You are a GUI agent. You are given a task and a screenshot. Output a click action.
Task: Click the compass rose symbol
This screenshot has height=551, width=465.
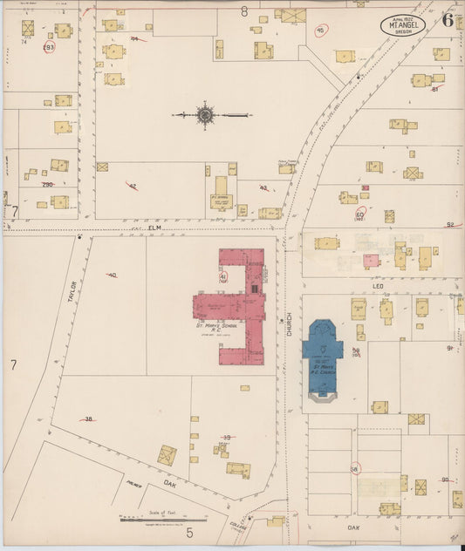[x=205, y=114]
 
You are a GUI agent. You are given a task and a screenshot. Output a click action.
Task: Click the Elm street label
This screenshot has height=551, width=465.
[x=155, y=228]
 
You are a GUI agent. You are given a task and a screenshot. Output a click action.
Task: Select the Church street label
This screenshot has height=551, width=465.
[x=289, y=324]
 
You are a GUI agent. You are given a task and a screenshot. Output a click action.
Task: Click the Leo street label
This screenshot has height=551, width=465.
[x=378, y=285]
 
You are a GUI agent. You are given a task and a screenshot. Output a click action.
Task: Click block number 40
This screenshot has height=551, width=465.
[x=112, y=275]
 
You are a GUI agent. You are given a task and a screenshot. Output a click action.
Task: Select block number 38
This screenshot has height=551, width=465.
[x=88, y=419]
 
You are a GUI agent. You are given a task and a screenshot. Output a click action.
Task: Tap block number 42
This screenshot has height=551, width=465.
[x=132, y=186]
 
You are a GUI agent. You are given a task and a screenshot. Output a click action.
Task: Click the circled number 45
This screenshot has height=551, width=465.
[x=320, y=31]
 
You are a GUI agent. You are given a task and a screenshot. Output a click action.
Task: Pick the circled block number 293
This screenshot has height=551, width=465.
[x=48, y=46]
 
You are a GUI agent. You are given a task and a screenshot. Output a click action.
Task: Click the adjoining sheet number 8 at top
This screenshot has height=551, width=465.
[x=244, y=11]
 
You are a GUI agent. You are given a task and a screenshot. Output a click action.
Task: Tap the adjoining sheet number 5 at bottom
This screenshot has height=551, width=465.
[x=188, y=531]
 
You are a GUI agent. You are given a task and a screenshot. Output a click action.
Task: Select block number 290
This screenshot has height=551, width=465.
[x=47, y=185]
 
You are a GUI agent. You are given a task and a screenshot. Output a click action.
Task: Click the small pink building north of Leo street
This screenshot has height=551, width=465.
[x=371, y=261]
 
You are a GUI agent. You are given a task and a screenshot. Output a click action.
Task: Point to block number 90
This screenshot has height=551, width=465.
[x=444, y=480]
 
